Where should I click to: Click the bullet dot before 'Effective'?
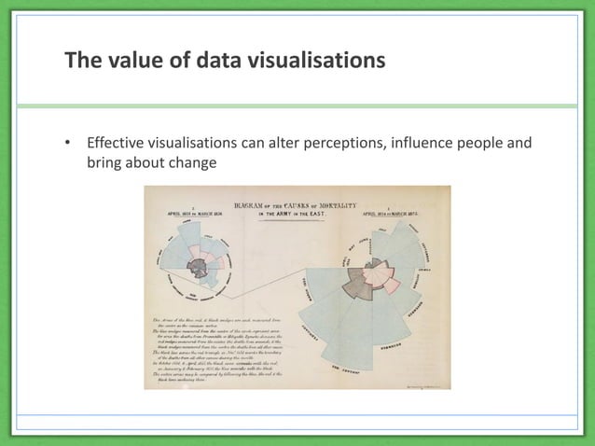coord(67,145)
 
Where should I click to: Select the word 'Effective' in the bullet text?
coord(118,145)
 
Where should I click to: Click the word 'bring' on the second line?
coord(104,162)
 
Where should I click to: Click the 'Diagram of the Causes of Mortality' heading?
coord(297,203)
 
